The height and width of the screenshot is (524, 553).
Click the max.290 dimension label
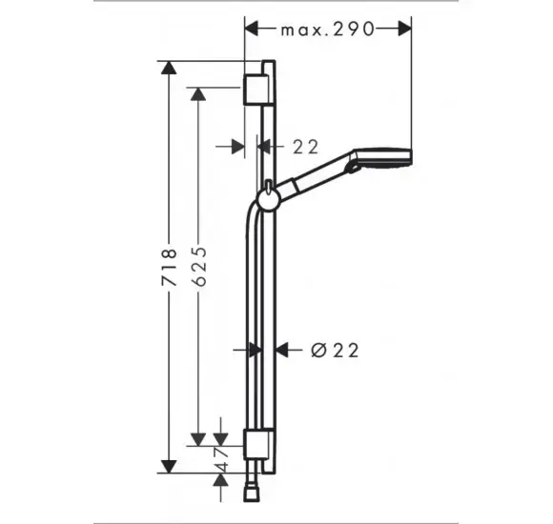coord(327,30)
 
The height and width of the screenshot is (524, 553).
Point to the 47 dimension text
coord(222,459)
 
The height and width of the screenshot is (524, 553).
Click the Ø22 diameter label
coord(335,351)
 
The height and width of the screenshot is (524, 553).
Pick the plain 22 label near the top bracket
coord(305,147)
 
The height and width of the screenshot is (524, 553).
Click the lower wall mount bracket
coord(258,444)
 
